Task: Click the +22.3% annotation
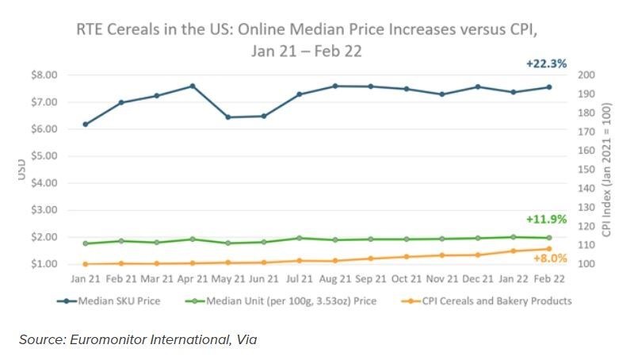pos(546,63)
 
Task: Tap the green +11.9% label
pos(546,219)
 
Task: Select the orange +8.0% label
pos(550,259)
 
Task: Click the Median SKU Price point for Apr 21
pos(193,86)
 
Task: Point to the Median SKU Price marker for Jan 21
pos(85,124)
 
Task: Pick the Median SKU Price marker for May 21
pos(228,117)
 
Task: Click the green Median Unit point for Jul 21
pos(300,238)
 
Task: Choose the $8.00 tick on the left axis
pos(44,75)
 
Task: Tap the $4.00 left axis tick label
pos(44,183)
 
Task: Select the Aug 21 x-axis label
pos(335,279)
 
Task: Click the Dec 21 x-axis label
pos(478,279)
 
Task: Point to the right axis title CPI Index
pos(607,168)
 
